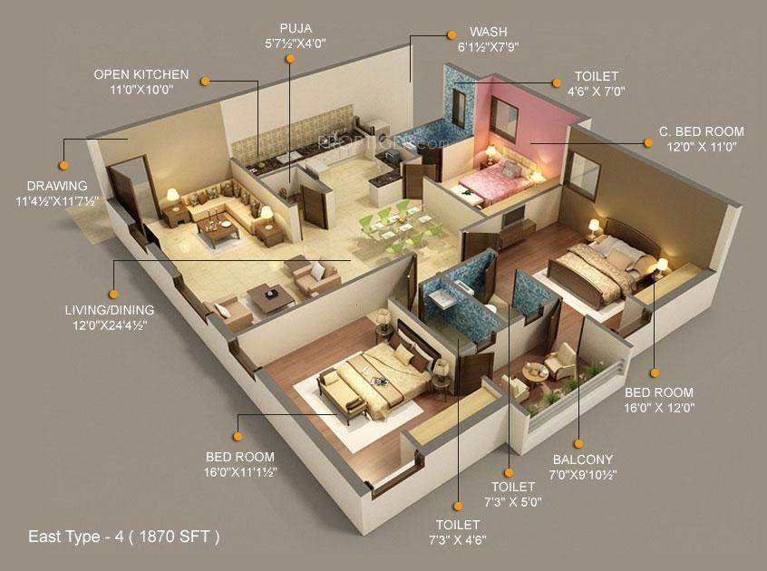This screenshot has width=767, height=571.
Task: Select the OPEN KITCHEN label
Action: (141, 74)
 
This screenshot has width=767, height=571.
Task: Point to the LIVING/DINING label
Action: (108, 310)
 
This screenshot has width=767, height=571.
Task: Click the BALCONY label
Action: (581, 460)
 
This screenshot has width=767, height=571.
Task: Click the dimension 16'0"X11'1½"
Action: (240, 471)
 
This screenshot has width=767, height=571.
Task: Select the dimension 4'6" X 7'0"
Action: (596, 91)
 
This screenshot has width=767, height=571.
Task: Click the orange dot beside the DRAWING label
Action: (63, 166)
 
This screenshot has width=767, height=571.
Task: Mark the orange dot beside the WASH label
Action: (451, 34)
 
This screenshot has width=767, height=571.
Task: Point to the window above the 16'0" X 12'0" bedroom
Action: (585, 176)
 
